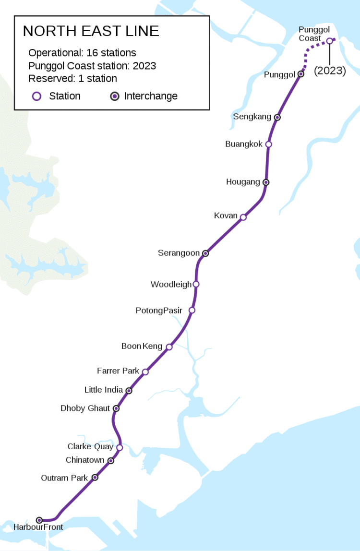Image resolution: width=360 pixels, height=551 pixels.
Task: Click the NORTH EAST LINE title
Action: (x=91, y=31)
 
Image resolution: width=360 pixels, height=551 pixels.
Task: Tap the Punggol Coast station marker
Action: (x=329, y=41)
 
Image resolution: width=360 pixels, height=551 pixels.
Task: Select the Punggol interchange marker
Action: (x=301, y=74)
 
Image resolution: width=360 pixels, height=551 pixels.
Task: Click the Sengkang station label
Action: (x=252, y=117)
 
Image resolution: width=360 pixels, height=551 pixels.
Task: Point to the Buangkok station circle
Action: (x=268, y=144)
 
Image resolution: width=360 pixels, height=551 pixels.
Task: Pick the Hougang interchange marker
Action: (x=266, y=182)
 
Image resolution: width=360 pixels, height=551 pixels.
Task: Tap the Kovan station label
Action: (x=226, y=216)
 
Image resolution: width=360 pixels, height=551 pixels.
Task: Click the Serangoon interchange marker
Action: (x=205, y=253)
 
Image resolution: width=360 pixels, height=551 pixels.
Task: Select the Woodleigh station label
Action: (x=171, y=284)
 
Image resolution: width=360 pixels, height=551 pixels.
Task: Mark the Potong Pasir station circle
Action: (x=192, y=310)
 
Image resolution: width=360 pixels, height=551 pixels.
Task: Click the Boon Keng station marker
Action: (x=169, y=347)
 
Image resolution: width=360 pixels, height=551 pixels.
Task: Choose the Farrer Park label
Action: (x=118, y=371)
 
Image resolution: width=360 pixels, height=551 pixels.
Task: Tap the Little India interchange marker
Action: (x=129, y=390)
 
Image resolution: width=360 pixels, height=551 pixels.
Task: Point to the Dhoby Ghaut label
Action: (x=85, y=408)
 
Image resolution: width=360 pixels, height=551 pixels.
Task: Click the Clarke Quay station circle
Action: (x=120, y=447)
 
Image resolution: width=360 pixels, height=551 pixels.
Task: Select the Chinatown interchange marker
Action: (x=111, y=461)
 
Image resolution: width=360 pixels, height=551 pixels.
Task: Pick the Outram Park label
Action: (x=64, y=478)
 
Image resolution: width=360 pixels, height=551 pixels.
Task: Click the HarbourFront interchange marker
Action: (x=39, y=520)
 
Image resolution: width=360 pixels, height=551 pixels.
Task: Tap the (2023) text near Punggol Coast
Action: (x=330, y=71)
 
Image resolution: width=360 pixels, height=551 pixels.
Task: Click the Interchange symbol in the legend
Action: (x=115, y=96)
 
